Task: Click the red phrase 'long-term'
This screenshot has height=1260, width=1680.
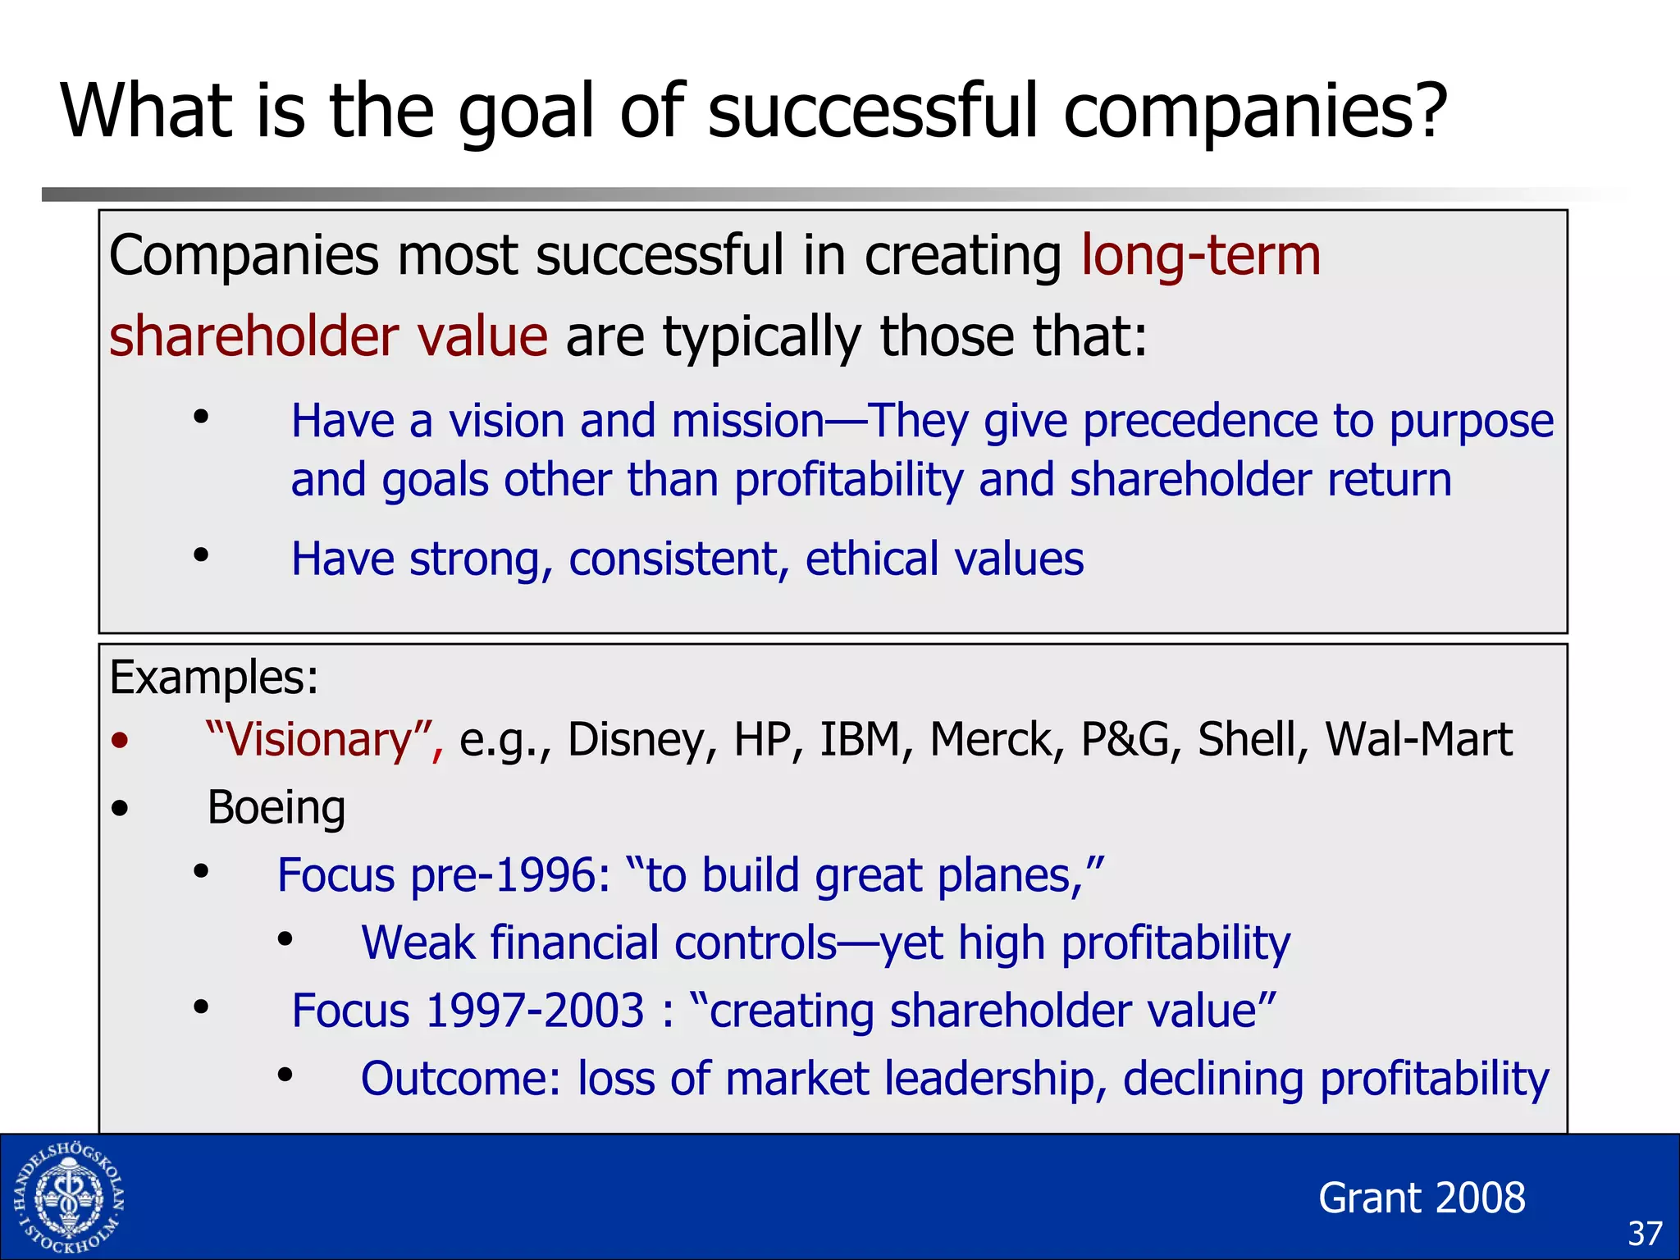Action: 1200,256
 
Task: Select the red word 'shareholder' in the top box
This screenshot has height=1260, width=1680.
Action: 253,337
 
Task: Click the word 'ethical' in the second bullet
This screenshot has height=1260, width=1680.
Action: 871,559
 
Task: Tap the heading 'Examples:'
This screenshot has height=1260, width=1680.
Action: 213,678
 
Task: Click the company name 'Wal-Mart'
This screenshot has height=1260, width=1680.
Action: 1418,740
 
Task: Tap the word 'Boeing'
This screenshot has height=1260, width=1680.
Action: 276,808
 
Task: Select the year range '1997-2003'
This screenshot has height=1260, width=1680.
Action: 535,1011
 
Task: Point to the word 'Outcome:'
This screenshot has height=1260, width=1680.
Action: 460,1079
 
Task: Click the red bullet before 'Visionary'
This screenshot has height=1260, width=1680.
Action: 121,742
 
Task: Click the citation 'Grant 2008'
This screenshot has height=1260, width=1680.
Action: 1421,1198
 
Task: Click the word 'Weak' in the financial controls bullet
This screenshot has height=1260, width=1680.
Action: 418,943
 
